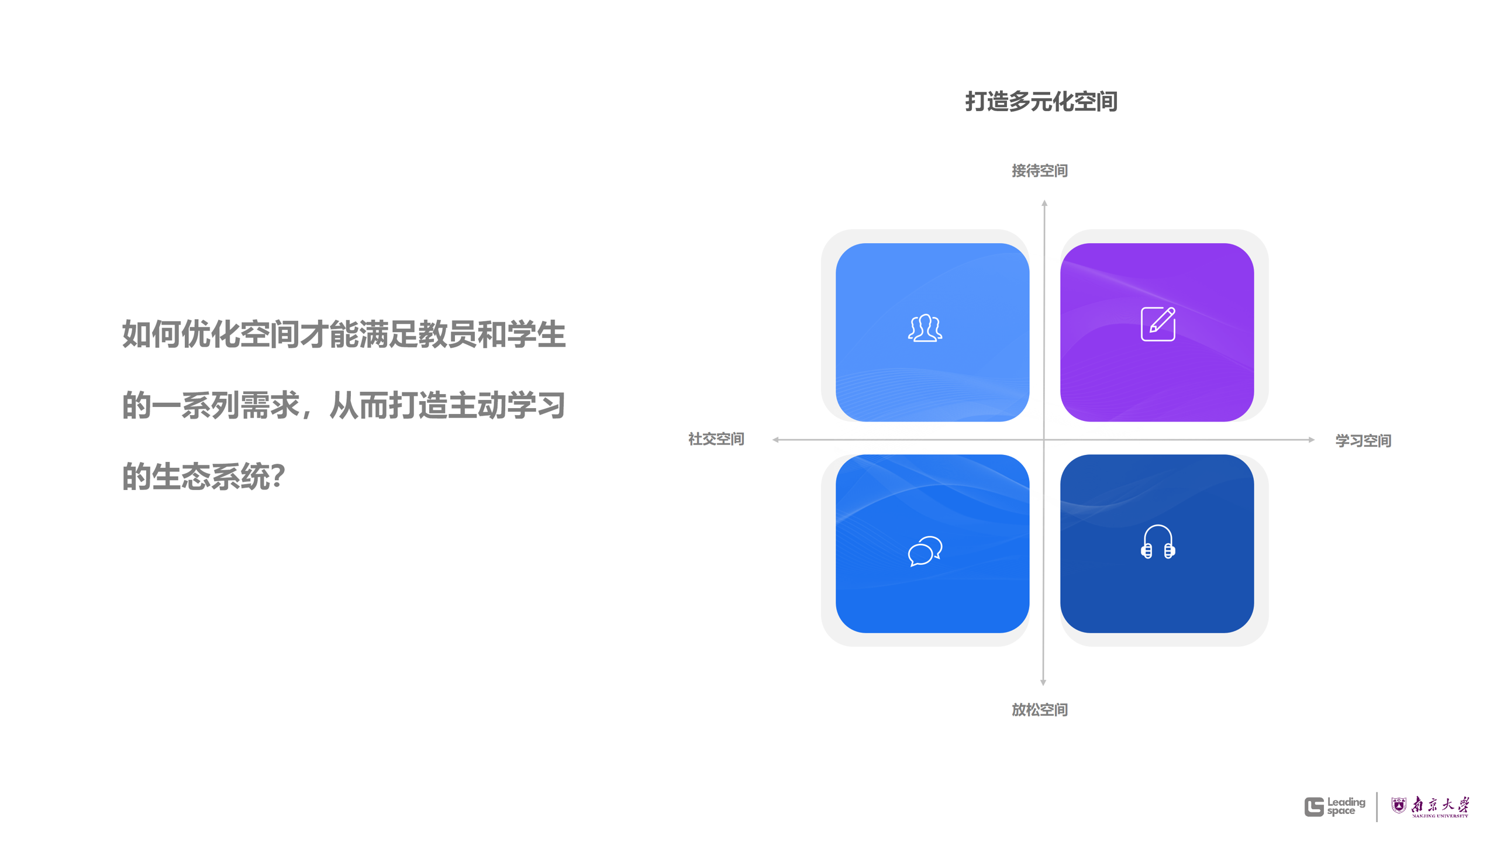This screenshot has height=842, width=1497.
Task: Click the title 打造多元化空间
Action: click(1041, 102)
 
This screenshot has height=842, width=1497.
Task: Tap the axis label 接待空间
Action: click(1039, 171)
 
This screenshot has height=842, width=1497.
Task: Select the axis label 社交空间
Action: click(716, 439)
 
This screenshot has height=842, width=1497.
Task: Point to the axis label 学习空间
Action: click(1363, 441)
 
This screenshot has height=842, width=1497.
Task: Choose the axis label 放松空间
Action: click(1039, 710)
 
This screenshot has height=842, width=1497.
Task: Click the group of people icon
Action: click(925, 328)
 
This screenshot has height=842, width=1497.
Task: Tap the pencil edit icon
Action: click(1158, 323)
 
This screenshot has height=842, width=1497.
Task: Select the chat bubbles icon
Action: click(925, 551)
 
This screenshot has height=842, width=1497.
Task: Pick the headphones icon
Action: click(1158, 542)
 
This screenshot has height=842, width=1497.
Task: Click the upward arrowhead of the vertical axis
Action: click(1044, 203)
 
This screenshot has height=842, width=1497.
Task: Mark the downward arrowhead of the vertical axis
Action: click(1043, 682)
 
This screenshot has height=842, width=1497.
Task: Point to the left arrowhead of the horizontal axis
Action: click(775, 440)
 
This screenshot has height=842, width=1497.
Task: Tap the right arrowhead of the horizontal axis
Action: click(1312, 440)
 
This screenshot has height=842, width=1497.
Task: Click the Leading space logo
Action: click(1334, 806)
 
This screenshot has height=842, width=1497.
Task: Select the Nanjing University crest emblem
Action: click(1398, 806)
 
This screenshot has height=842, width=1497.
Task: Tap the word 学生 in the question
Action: click(536, 334)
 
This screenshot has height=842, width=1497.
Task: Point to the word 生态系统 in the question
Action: click(211, 477)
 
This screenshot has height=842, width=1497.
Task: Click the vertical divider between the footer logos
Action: click(1377, 806)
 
